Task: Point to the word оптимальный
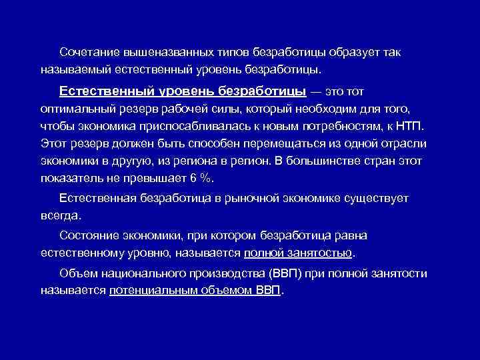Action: click(73, 109)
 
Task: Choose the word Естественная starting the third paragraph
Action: click(98, 198)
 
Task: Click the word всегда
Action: click(59, 215)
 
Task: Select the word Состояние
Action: click(85, 235)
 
